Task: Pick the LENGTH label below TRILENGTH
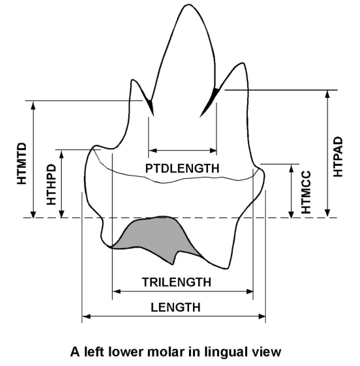click(x=175, y=307)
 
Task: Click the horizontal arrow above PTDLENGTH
click(x=183, y=150)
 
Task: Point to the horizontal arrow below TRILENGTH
click(x=183, y=291)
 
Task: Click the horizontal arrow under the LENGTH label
click(x=173, y=316)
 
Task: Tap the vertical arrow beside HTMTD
click(x=33, y=159)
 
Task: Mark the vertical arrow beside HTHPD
click(x=62, y=183)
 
